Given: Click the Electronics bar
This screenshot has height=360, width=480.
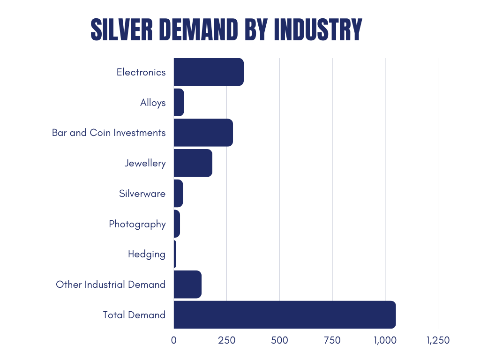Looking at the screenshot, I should coord(209,72).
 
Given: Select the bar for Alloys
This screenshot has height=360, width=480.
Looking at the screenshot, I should coord(179,102).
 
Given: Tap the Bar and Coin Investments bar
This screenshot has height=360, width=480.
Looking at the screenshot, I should coord(203,133).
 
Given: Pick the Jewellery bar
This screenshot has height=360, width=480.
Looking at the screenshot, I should coord(193,163).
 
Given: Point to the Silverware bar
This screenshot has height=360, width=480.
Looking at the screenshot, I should coord(178,193).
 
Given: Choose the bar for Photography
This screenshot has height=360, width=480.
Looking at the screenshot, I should coord(177,224).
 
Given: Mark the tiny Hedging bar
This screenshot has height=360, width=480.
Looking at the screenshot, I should coord(175,254).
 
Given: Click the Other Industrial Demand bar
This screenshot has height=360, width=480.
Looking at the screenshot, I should coord(187,285).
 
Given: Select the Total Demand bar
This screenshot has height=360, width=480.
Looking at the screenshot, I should coord(285,315).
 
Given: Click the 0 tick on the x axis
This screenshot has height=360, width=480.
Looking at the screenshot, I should coord(174,340).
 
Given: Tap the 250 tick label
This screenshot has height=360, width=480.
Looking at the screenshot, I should coord(226,340).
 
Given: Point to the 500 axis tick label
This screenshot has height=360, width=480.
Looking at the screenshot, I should coord(279,340).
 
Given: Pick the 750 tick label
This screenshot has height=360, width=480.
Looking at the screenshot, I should coord(332,340).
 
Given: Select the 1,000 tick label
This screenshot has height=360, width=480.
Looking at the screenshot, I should coord(385,340).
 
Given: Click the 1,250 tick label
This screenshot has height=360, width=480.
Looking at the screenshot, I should coord(438,340).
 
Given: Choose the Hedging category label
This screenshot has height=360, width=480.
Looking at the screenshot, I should coord(147,254).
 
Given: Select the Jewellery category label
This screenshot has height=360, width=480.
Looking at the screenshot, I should coord(145,163).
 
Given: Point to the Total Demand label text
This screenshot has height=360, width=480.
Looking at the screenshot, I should coord(135,315).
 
